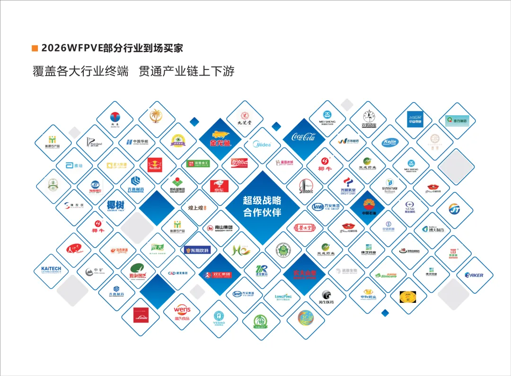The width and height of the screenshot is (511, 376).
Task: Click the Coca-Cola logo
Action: pos(303,137)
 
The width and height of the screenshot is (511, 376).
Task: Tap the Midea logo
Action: pos(262,145)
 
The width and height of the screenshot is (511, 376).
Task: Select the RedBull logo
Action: pos(155,165)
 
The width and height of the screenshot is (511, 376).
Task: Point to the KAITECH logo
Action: pos(48,270)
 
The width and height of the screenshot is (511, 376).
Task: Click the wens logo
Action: pos(182,312)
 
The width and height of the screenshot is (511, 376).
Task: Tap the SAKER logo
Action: pos(474,275)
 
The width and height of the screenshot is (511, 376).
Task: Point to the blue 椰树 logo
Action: pos(115,207)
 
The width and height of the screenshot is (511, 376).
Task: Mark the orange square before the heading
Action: pos(34,48)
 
